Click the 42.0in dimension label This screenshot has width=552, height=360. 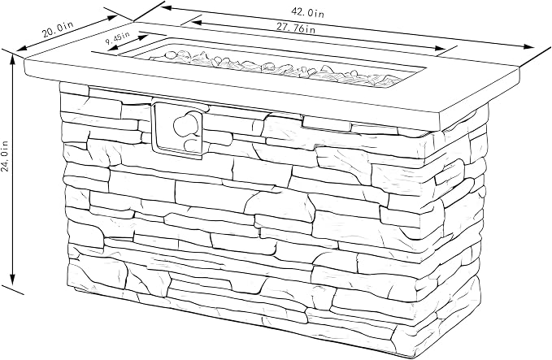(307, 12)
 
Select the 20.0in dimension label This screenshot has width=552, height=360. (58, 29)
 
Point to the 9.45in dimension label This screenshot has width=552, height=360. (117, 38)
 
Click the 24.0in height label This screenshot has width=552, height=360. (5, 156)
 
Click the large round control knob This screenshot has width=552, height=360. (185, 124)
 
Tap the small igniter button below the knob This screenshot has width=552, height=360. (192, 145)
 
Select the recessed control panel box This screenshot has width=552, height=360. (177, 128)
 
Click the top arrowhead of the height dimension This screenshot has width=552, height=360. (13, 60)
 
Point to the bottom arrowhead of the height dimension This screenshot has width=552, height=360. (13, 279)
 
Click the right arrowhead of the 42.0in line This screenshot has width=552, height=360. (529, 47)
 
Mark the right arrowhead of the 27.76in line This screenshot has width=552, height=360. (441, 49)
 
